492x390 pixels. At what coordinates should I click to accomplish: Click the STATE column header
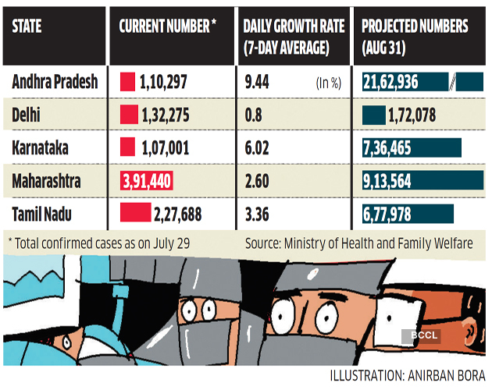[x=27, y=27]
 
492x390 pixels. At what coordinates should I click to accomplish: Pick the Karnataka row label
[x=37, y=148]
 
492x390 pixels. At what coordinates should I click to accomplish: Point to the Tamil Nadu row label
[x=42, y=213]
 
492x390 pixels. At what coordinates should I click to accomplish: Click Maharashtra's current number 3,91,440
[x=147, y=181]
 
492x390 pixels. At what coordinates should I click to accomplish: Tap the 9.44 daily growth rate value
[x=257, y=82]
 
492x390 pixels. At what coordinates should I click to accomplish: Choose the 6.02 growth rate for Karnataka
[x=257, y=148]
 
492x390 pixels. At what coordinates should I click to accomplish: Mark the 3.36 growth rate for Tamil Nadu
[x=257, y=213]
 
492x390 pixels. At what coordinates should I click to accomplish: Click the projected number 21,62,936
[x=401, y=82]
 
